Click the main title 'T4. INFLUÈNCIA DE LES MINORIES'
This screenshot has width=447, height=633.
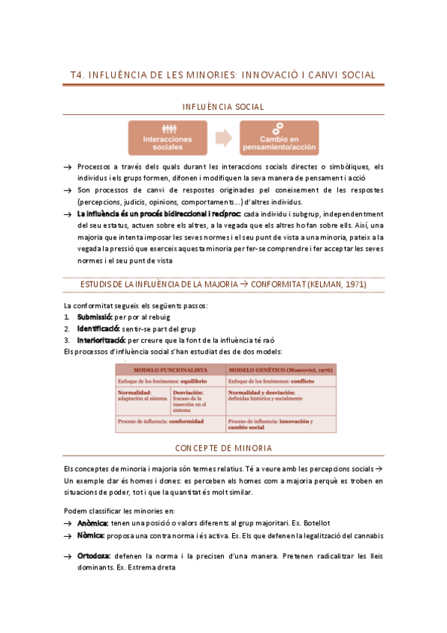click(x=222, y=75)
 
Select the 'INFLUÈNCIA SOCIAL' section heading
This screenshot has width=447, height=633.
click(x=223, y=107)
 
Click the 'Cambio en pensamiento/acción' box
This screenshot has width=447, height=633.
click(x=278, y=138)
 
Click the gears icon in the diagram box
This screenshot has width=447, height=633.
click(x=278, y=127)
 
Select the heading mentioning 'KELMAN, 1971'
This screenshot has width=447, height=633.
click(x=223, y=284)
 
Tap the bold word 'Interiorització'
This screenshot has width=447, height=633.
click(x=101, y=340)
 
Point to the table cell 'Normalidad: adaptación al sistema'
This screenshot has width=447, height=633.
click(x=143, y=396)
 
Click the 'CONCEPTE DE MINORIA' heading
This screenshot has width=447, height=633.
click(x=223, y=448)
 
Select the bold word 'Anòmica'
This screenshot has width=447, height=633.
click(x=93, y=523)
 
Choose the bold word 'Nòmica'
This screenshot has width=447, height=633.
click(x=91, y=535)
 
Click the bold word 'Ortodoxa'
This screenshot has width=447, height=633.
click(x=94, y=555)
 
